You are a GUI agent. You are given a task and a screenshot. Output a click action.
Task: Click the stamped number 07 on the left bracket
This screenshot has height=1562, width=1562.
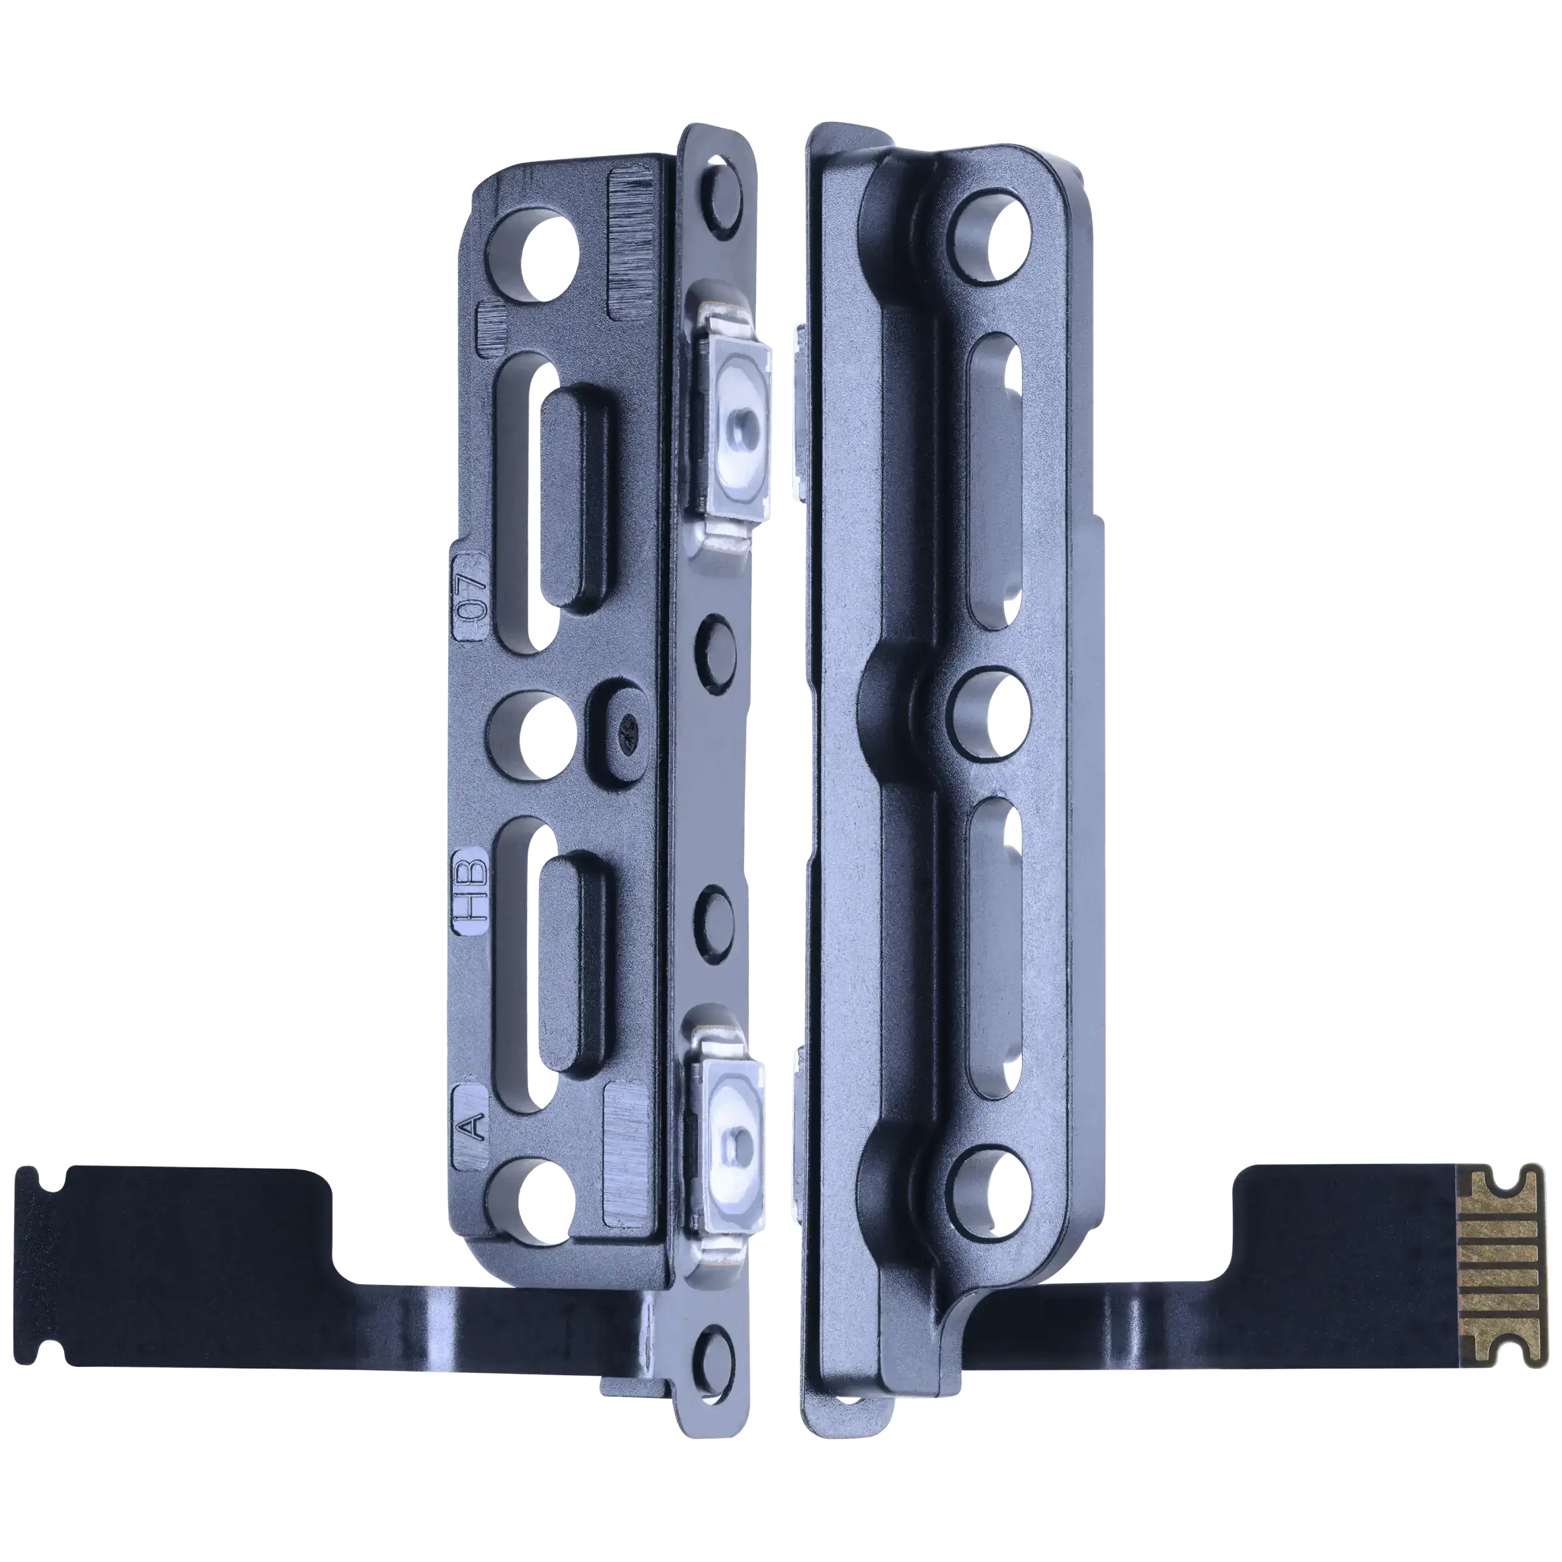[472, 596]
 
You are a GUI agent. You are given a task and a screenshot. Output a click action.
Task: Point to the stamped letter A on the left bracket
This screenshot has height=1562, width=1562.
[473, 1125]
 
